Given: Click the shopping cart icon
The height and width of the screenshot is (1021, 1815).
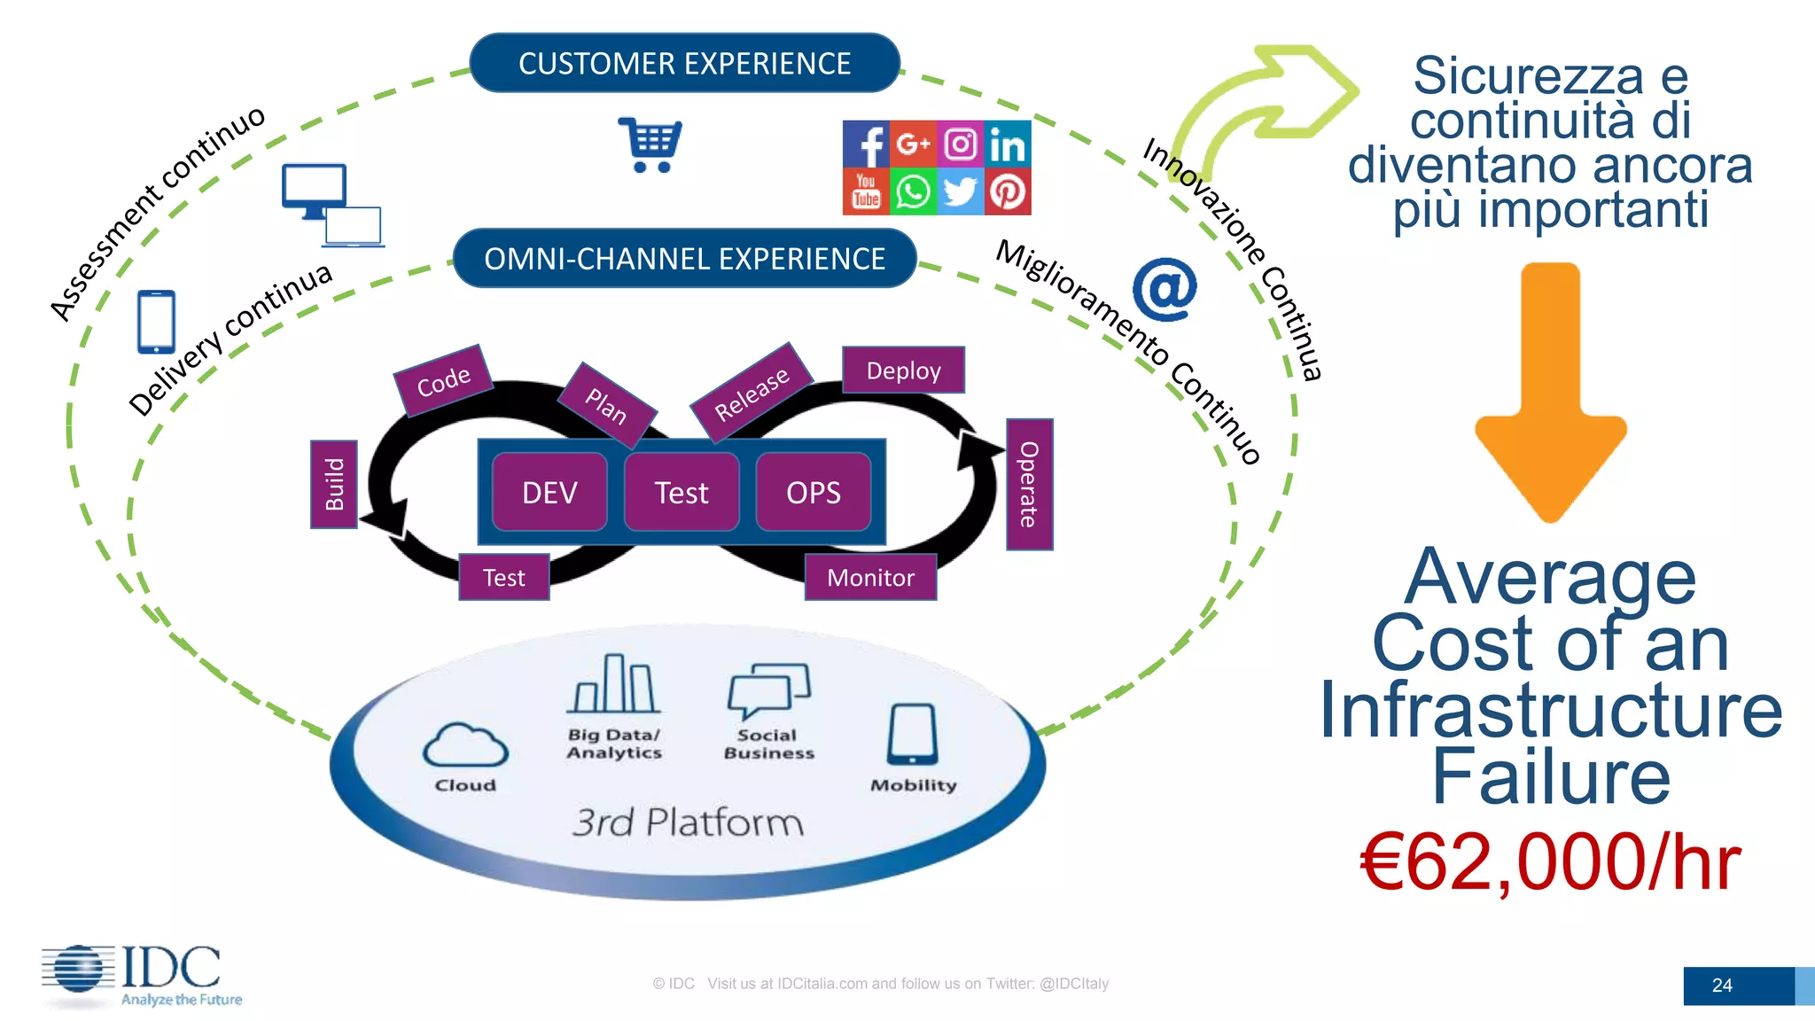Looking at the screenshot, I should [x=650, y=144].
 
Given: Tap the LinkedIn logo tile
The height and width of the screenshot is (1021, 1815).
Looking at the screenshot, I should [x=1008, y=144].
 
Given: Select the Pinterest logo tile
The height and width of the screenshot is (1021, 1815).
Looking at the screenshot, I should [x=1008, y=191].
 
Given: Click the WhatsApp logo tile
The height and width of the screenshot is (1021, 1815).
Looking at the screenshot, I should [x=913, y=191].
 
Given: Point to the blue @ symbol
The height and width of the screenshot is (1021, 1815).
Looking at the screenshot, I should [x=1165, y=289].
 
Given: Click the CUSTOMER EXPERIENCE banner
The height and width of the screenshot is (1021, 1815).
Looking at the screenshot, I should [x=684, y=63].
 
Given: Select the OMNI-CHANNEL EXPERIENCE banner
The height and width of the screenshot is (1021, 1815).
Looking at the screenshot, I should [x=684, y=259].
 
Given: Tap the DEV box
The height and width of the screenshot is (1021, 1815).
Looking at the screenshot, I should [x=549, y=493].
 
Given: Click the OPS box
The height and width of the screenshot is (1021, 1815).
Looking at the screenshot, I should [x=813, y=493].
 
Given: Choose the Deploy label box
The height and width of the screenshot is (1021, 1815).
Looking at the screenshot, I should [x=903, y=370].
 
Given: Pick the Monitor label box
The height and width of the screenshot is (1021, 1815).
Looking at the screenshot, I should [x=870, y=578].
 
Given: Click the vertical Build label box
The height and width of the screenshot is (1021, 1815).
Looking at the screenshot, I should [x=334, y=484].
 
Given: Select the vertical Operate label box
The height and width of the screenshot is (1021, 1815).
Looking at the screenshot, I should [x=1029, y=484].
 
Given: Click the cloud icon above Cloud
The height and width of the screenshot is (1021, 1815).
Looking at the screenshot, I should [x=465, y=745].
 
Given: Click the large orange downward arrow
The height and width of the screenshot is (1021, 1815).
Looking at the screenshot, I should [x=1550, y=390].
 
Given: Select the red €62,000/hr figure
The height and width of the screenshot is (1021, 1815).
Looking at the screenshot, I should [x=1550, y=861].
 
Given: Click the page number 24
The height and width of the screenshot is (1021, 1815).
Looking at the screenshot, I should [x=1722, y=986].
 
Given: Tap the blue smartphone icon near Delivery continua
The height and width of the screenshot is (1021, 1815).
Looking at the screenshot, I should [x=157, y=322].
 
